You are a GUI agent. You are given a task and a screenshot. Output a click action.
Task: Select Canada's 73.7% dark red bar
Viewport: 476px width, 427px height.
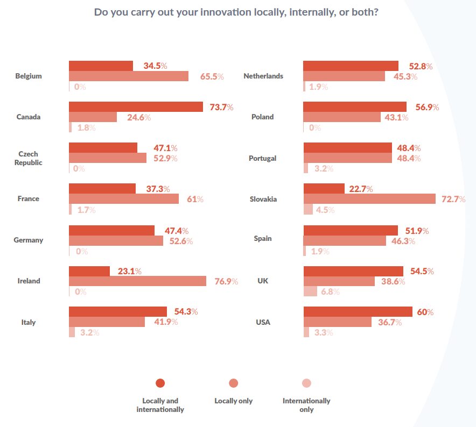click(x=136, y=107)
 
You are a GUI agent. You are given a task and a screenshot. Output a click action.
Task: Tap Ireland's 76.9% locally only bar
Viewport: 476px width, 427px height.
click(x=137, y=281)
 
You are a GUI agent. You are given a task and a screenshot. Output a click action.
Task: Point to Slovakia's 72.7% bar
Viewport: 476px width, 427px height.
click(x=369, y=199)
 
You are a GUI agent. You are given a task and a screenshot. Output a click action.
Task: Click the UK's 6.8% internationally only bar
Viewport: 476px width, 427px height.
click(x=310, y=291)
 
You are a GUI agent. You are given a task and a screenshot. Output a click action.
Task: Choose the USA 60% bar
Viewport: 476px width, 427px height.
click(x=358, y=312)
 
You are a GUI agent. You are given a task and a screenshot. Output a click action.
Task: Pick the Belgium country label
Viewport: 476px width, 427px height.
click(x=29, y=76)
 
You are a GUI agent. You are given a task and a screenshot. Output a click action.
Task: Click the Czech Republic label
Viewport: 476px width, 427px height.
click(x=28, y=158)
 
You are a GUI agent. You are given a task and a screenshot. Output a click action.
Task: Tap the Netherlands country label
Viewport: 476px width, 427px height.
click(x=263, y=76)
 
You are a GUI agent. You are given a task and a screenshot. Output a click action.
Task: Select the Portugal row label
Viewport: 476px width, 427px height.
click(x=263, y=158)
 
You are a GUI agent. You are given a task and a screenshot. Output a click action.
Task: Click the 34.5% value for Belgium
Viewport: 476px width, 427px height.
click(x=155, y=66)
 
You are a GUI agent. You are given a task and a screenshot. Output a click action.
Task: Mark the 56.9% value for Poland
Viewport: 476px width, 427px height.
click(x=427, y=107)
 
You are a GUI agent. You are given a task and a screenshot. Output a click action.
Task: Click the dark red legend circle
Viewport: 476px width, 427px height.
click(x=160, y=383)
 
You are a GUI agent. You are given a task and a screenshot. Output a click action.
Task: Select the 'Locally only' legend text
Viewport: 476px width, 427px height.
click(x=233, y=401)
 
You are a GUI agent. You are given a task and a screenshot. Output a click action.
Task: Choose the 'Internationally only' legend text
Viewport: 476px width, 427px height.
click(x=306, y=405)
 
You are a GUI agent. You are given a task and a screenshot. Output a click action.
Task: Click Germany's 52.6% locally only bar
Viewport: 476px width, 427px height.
click(x=116, y=240)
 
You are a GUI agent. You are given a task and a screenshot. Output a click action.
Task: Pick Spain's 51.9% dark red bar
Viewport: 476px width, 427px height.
click(x=351, y=230)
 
